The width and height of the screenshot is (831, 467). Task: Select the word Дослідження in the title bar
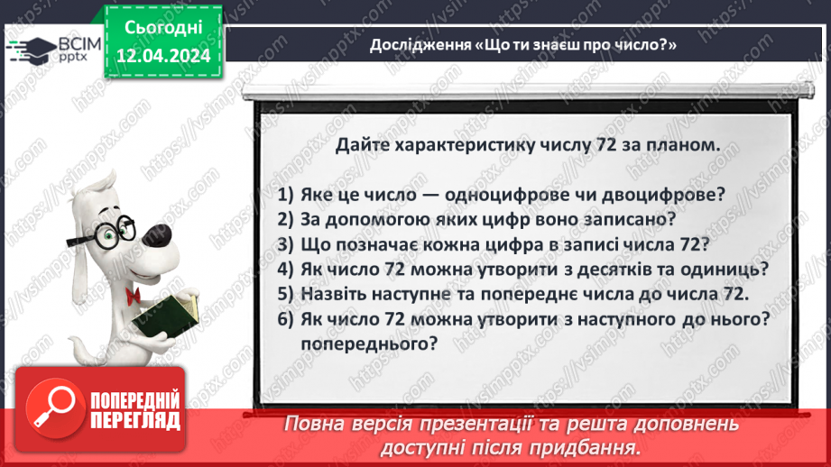click(420, 45)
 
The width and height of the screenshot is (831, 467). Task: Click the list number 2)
click(287, 220)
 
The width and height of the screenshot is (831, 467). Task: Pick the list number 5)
click(287, 293)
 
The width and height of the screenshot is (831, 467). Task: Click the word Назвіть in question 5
click(334, 293)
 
